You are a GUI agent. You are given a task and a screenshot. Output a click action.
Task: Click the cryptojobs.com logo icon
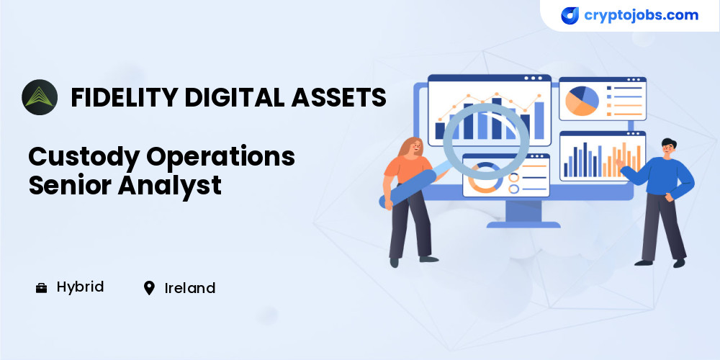pos(570,16)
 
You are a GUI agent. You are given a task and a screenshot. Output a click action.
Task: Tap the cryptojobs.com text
pos(641,15)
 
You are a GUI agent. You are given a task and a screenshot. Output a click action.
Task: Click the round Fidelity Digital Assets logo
pos(40,97)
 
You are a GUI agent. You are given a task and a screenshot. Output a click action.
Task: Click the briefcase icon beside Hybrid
pos(41,289)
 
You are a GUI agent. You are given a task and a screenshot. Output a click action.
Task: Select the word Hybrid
pos(81,287)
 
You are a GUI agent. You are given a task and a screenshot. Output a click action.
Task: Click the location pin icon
pos(149,289)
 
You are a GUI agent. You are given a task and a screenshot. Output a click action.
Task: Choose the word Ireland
pos(190,289)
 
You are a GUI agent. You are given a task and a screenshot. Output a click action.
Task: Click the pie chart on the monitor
pos(582,101)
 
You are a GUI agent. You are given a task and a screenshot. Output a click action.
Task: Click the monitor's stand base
pos(523,225)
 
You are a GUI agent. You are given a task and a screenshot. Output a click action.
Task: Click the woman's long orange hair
pos(406,148)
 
